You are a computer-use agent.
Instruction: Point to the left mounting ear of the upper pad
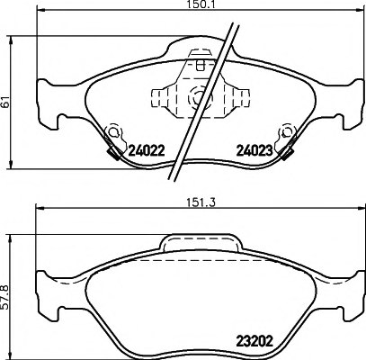click(42, 102)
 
